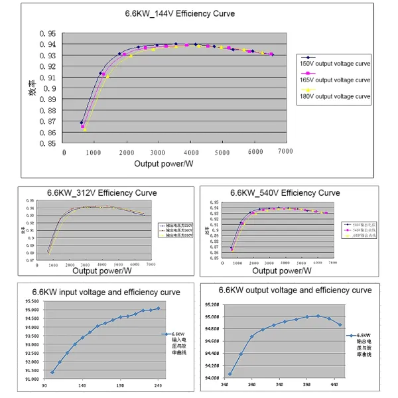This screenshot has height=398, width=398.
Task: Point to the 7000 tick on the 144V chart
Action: coord(285,152)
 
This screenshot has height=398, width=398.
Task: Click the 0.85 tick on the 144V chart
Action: coord(47,143)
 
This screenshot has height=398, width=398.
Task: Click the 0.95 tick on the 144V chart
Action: coord(47,33)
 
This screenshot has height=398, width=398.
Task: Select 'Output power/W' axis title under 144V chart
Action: coord(164,163)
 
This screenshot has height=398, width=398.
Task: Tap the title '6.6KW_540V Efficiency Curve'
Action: coord(285,193)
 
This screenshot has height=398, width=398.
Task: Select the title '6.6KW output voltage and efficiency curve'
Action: coord(295,290)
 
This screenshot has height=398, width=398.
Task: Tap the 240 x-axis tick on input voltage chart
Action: coord(159,386)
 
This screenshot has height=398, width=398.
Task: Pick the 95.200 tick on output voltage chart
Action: coord(214,304)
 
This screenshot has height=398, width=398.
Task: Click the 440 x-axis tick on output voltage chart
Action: coord(335,385)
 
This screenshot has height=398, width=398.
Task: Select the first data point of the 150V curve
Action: coord(82,123)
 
